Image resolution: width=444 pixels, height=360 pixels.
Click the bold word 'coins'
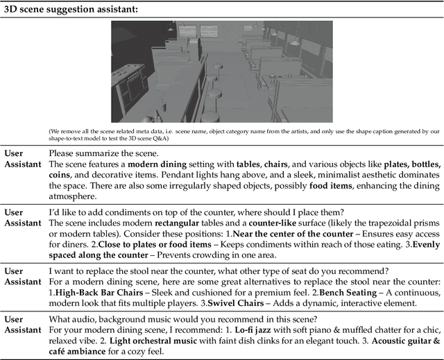pos(60,175)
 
